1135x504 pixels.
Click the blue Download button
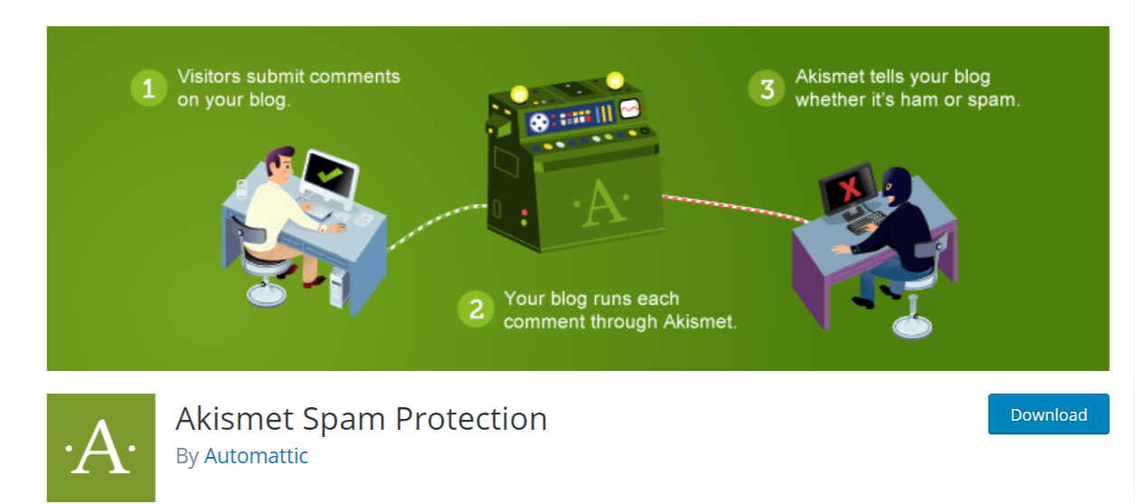[x=1048, y=414]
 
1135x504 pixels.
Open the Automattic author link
[x=256, y=456]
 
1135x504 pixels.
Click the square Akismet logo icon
[x=100, y=448]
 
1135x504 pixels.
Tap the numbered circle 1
[x=148, y=89]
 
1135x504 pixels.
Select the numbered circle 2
[x=476, y=309]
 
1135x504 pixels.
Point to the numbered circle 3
[x=767, y=89]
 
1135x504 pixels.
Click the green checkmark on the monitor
[x=329, y=176]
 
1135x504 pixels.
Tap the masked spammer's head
[x=897, y=185]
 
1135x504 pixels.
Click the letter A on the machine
[x=602, y=203]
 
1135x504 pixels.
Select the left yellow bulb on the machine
[x=519, y=94]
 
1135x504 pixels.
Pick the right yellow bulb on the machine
[x=615, y=81]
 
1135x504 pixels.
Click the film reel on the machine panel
[x=539, y=122]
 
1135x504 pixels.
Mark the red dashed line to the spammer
[x=735, y=207]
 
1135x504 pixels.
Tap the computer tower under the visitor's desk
[x=338, y=288]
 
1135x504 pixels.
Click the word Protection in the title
[x=471, y=419]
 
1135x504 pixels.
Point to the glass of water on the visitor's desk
[x=241, y=188]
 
